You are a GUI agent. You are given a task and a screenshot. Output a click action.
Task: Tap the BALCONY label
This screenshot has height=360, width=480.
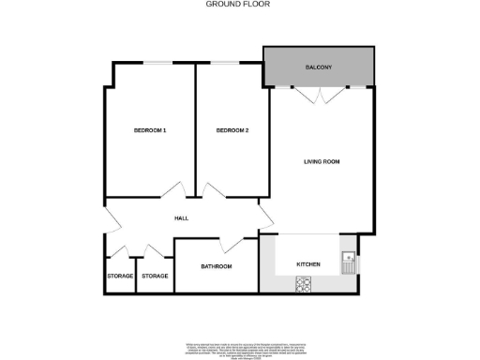(320, 68)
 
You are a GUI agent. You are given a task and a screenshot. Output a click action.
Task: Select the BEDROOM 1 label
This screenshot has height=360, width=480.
(150, 130)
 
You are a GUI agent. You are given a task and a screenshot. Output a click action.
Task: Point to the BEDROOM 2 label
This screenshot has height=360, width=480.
(232, 130)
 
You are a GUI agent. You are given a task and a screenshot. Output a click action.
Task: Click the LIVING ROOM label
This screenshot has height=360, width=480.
(321, 162)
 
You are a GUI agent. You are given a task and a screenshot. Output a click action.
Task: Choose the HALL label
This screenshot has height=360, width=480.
(182, 217)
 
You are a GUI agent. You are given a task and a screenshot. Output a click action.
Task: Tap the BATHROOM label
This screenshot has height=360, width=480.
(216, 267)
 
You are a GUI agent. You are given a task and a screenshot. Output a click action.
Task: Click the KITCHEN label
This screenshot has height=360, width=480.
(308, 265)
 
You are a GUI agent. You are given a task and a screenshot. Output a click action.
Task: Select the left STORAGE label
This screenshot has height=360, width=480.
(120, 276)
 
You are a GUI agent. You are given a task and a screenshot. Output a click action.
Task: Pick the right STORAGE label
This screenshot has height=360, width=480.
(155, 276)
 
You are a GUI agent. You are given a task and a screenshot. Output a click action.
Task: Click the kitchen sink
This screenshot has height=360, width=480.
(347, 260)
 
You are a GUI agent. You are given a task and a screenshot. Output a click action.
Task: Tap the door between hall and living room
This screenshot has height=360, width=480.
(266, 217)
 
